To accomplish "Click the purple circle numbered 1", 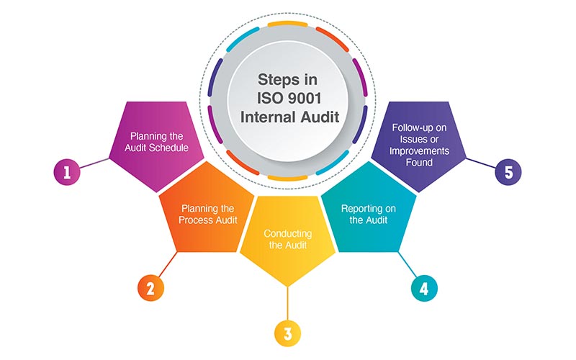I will tap(66, 172).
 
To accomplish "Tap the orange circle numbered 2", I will tap(150, 288).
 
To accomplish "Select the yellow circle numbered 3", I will tap(287, 333).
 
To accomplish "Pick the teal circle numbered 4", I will tap(424, 288).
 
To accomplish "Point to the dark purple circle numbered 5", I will tap(508, 172).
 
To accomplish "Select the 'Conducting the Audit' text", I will tap(287, 240).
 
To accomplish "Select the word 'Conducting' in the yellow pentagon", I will tap(287, 233).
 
